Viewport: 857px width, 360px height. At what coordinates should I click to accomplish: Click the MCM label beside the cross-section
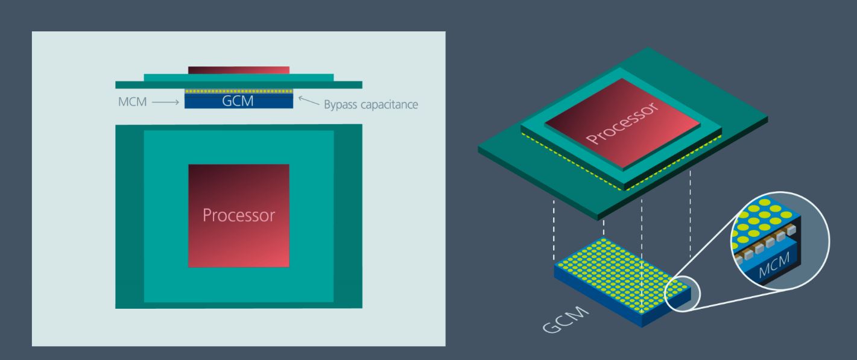132,102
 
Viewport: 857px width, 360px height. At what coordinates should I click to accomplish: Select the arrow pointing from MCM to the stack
165,102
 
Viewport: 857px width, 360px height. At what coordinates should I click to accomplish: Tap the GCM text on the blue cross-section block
238,101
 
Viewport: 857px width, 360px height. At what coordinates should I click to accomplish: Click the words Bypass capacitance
371,104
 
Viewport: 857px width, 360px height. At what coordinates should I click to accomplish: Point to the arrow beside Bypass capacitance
308,101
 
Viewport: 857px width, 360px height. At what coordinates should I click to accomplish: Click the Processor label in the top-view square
239,215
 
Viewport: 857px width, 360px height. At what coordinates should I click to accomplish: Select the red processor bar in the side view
239,71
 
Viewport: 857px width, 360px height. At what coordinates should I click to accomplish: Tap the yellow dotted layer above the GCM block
239,92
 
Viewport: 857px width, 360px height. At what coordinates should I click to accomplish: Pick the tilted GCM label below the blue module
566,319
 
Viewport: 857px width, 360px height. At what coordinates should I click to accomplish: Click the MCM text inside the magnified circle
774,265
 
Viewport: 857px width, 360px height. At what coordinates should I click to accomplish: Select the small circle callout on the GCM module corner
683,294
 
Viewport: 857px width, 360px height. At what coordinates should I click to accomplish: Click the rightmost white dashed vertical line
690,214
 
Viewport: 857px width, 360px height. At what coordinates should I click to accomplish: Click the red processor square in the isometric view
622,123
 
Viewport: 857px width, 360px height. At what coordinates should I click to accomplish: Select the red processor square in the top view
239,216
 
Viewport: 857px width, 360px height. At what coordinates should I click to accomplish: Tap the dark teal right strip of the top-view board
348,216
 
